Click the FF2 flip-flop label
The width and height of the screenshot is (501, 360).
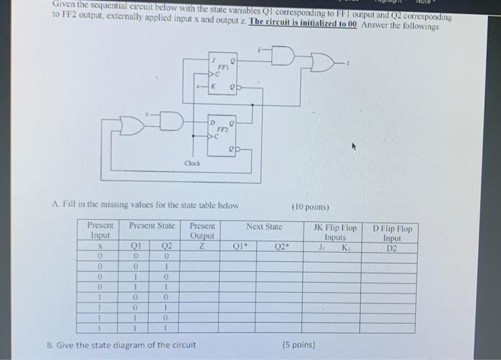pyautogui.click(x=222, y=130)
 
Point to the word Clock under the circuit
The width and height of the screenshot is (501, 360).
pyautogui.click(x=193, y=163)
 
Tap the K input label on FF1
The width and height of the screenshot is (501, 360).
pyautogui.click(x=213, y=87)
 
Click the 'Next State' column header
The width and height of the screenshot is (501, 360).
pyautogui.click(x=264, y=227)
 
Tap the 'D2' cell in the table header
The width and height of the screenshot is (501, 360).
pyautogui.click(x=391, y=248)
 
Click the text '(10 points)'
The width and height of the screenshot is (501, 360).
pyautogui.click(x=311, y=207)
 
